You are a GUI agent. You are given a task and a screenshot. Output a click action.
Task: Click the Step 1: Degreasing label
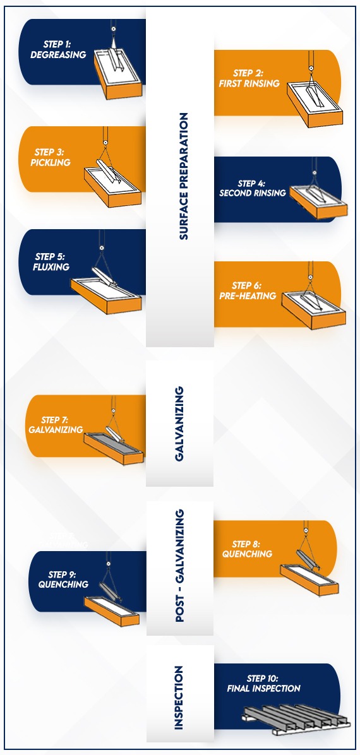[58, 50]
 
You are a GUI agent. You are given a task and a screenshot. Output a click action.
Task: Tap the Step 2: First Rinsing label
[249, 78]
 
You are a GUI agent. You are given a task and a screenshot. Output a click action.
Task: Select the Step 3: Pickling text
[51, 157]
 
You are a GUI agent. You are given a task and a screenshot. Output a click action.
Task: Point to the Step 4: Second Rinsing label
[252, 188]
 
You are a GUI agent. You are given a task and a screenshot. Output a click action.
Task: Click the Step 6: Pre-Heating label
[248, 291]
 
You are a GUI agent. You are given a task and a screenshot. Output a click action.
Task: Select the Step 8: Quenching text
[247, 549]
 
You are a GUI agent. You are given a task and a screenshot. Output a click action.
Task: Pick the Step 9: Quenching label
[63, 580]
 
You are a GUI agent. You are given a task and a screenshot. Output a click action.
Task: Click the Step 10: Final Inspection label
[263, 684]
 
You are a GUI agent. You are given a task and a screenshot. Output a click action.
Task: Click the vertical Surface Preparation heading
[183, 176]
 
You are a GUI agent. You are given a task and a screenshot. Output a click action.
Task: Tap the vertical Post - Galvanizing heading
[180, 566]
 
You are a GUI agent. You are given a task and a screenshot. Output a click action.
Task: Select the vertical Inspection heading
[179, 698]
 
